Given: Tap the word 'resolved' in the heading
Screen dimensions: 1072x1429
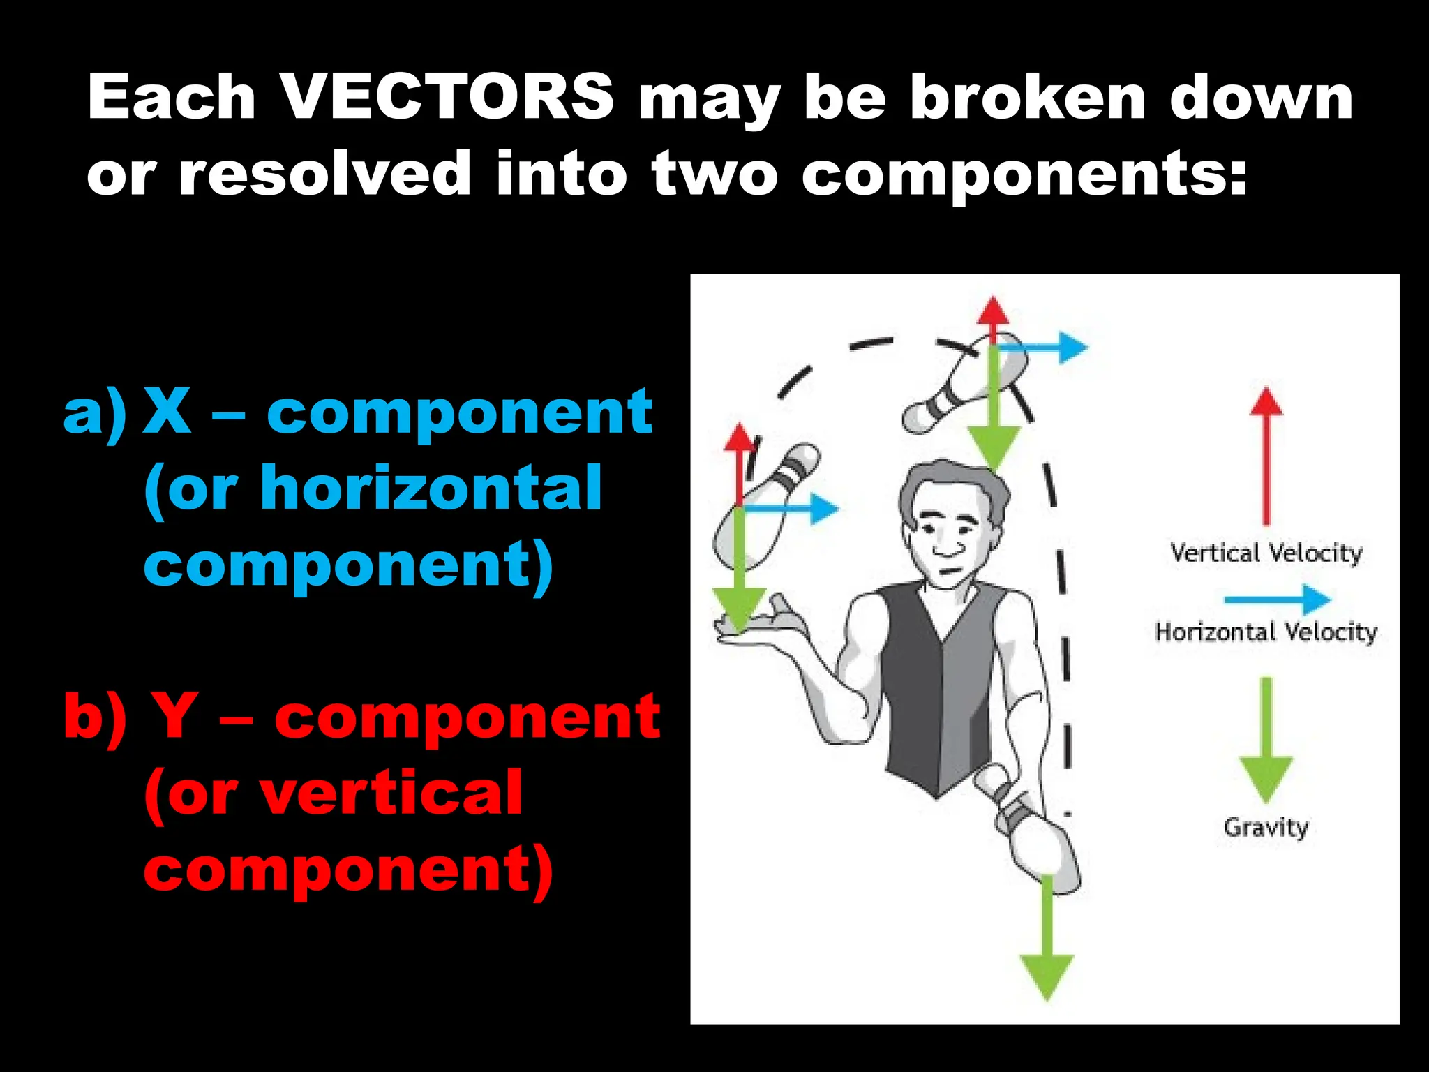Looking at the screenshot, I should tap(325, 173).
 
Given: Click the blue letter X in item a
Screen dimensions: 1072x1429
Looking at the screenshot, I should tap(167, 412).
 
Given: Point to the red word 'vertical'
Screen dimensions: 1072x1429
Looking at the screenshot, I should tap(391, 793).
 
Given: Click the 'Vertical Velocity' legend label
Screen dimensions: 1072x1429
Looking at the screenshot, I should tap(1266, 553).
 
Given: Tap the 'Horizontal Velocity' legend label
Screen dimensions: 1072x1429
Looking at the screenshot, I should tap(1266, 632).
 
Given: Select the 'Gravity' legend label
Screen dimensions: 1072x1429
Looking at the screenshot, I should tap(1266, 828).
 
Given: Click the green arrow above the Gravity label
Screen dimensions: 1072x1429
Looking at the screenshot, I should tap(1266, 740).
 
